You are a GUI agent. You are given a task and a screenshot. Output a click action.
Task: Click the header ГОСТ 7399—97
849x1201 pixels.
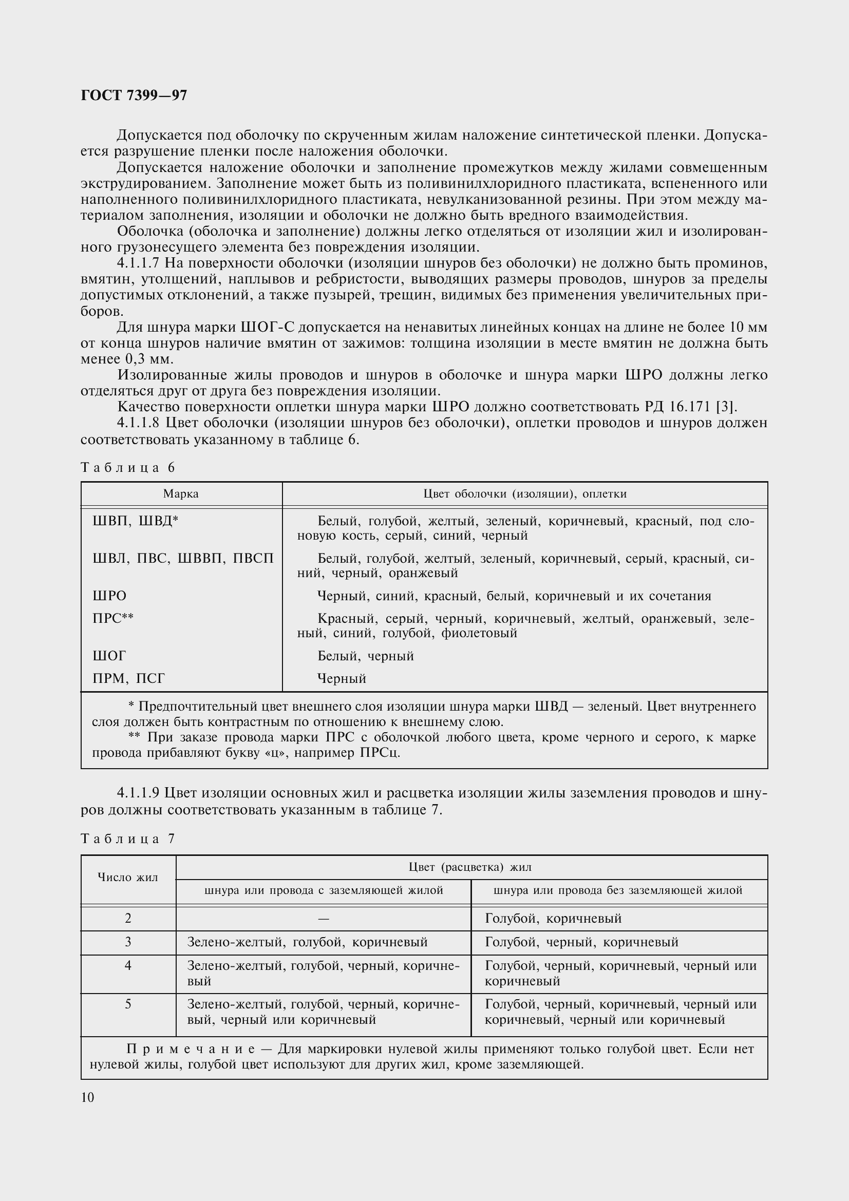point(134,96)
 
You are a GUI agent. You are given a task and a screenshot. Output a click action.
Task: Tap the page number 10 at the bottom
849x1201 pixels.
point(87,1097)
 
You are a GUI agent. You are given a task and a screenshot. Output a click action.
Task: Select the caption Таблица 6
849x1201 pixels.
point(128,468)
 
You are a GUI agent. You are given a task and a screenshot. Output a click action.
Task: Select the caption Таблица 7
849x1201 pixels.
point(128,839)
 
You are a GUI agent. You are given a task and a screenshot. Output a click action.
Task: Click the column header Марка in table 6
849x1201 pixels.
point(181,494)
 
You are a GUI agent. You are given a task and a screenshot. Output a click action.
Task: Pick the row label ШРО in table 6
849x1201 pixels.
point(109,596)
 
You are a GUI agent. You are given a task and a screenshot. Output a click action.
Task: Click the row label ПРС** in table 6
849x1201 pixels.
point(113,618)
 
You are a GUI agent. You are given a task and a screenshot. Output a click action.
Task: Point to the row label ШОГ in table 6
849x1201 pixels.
point(109,655)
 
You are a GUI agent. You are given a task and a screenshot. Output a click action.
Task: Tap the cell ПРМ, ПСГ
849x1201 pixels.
point(129,678)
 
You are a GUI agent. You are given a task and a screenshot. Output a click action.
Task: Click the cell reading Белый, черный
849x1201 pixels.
point(366,656)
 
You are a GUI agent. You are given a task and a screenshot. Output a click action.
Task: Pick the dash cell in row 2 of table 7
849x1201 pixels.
point(323,919)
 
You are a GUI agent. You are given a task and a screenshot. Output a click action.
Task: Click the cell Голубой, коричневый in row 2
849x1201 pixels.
point(554,919)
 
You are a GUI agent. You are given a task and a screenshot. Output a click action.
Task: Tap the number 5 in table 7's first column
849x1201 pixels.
point(128,1004)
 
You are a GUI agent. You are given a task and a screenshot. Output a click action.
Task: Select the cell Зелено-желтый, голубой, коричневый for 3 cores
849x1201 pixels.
point(308,942)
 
